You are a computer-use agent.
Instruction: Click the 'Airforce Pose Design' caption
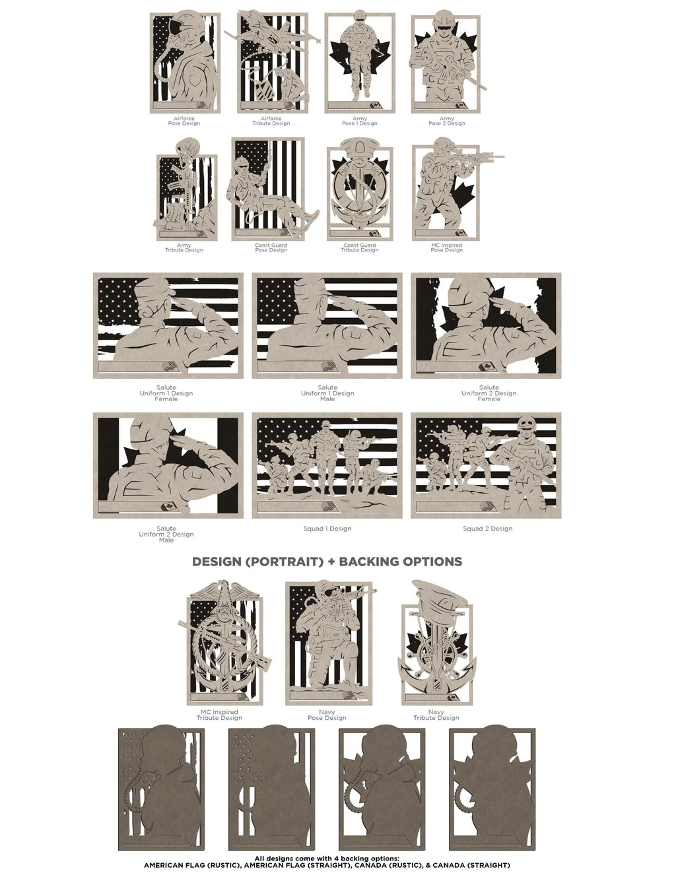(184, 121)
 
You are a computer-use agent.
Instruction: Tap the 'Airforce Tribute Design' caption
(271, 121)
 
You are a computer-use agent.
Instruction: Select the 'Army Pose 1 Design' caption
(360, 121)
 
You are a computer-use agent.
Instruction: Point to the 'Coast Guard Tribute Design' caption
(360, 247)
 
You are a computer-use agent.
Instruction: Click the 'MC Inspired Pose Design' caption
(447, 247)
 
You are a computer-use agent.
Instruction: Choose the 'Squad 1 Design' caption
(327, 529)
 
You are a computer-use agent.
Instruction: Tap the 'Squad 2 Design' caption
(487, 529)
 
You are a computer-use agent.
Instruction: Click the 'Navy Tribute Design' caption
(436, 715)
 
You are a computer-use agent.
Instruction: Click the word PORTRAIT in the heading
(285, 562)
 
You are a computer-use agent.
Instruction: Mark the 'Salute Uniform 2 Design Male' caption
(166, 534)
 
